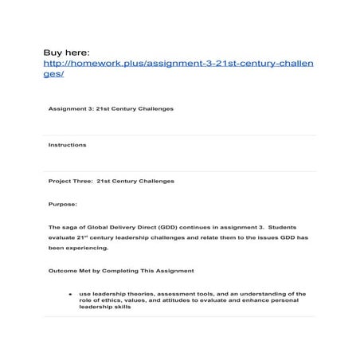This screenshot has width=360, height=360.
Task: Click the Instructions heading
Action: (68, 145)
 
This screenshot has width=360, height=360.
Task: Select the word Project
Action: (60, 181)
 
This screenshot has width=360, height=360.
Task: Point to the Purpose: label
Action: (63, 204)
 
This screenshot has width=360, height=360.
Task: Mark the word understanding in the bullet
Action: (258, 293)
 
